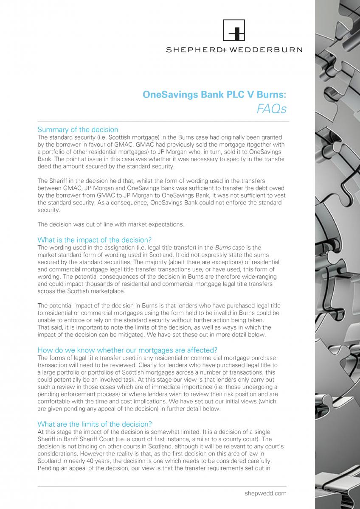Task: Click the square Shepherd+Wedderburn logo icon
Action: pos(234,31)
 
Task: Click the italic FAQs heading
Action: pos(272,109)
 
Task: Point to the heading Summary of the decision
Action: pos(78,129)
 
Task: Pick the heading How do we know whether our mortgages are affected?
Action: pos(127,350)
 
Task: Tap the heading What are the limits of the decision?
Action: pos(95,424)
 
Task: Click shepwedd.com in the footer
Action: pos(265,493)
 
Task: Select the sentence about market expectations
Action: pos(111,224)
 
